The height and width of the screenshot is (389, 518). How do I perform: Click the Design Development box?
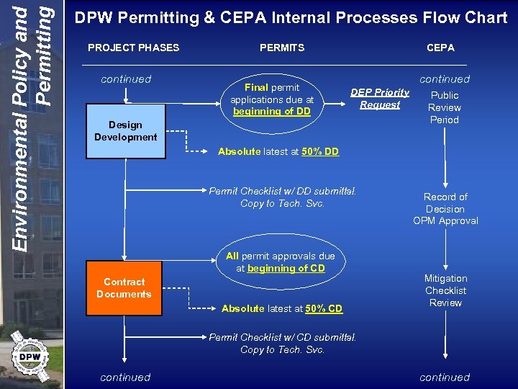(125, 131)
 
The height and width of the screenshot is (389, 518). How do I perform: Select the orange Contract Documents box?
(124, 288)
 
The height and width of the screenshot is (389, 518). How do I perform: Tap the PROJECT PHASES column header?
(133, 48)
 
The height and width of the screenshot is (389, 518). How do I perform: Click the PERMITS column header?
(282, 48)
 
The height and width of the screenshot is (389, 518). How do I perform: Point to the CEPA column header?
(440, 48)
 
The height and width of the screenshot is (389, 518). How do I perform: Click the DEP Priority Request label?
(380, 99)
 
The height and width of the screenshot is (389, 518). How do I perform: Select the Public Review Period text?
(445, 107)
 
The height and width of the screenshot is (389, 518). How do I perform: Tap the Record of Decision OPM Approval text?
(445, 209)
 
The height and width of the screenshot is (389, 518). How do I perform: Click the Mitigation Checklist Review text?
(445, 290)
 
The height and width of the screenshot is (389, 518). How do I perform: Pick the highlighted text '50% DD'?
(320, 151)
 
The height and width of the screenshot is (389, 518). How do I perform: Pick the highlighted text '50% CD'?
(324, 308)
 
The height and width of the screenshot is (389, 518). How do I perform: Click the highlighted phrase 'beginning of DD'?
(271, 112)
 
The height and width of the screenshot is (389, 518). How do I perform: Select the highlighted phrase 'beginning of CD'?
(286, 268)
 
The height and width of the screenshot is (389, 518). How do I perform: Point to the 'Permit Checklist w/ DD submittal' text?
(282, 191)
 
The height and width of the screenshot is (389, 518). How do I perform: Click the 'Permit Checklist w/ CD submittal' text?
(282, 337)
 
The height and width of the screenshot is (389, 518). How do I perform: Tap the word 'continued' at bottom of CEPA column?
(445, 377)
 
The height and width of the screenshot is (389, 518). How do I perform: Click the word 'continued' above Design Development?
(126, 79)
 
